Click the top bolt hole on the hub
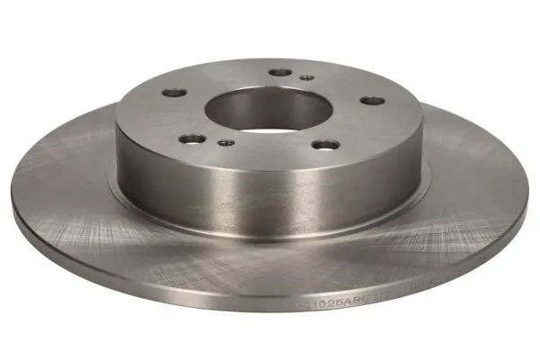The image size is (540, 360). (281, 72)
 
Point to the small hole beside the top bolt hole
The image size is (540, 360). (307, 78)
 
